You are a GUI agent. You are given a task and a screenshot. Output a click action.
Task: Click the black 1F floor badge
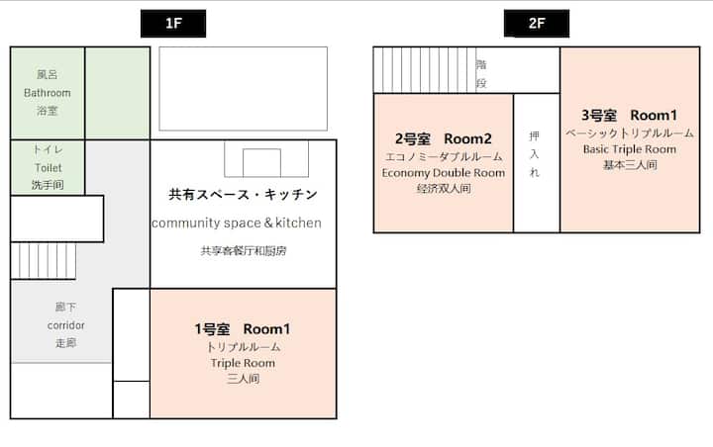[173, 23]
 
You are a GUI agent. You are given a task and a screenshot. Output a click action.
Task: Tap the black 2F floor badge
[537, 23]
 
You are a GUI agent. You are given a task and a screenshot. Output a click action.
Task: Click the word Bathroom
[48, 93]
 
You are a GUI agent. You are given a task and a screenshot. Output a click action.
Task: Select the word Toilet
[49, 168]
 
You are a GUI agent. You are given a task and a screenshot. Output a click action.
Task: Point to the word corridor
[66, 325]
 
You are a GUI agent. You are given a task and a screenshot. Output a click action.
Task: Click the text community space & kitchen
[237, 223]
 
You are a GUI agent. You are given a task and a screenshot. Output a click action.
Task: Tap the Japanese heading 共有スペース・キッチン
[243, 195]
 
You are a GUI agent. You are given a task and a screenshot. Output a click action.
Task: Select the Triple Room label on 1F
[243, 363]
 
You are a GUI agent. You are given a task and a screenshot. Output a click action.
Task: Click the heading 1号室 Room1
[243, 329]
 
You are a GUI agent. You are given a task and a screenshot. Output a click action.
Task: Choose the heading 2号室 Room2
[444, 138]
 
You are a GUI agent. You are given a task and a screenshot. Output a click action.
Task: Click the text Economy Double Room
[444, 173]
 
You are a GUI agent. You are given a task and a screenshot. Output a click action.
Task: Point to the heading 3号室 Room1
[630, 116]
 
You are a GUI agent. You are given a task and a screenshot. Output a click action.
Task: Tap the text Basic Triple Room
[630, 149]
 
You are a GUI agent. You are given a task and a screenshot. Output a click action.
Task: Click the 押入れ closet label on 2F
[535, 154]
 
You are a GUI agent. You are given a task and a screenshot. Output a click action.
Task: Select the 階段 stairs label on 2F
[481, 73]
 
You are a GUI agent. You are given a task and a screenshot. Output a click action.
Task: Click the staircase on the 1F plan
[44, 260]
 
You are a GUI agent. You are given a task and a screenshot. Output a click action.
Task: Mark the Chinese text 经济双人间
[444, 189]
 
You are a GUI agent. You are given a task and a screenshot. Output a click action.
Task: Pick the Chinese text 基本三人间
[630, 165]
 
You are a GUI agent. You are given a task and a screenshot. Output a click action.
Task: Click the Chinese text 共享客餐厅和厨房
[244, 251]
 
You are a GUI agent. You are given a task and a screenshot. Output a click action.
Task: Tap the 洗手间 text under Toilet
[48, 185]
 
